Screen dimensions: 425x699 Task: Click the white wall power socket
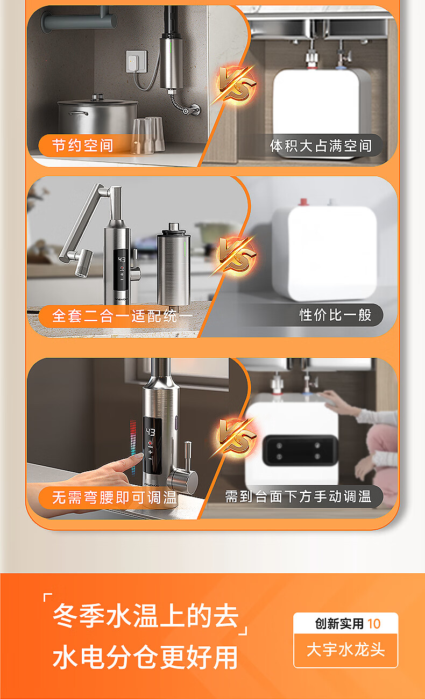click(x=137, y=61)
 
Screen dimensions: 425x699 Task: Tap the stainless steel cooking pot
click(x=98, y=116)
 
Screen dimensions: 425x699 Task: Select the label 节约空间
click(x=82, y=146)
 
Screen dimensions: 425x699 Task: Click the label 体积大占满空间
click(x=321, y=146)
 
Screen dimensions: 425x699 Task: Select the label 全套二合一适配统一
click(x=122, y=316)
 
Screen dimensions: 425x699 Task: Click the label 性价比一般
click(x=335, y=315)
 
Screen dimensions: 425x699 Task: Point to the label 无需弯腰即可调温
click(x=115, y=497)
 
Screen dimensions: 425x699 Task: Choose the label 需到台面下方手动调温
click(x=299, y=496)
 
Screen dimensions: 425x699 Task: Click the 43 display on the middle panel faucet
click(x=122, y=260)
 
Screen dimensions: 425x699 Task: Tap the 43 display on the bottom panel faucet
click(x=150, y=432)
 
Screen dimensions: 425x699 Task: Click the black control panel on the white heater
click(x=300, y=451)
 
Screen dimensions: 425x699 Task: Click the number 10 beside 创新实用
click(x=374, y=624)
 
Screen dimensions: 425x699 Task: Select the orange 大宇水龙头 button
click(x=345, y=650)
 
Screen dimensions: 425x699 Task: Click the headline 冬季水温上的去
click(x=146, y=615)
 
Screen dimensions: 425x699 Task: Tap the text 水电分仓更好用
click(x=145, y=657)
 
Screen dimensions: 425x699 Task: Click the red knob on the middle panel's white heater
click(x=303, y=202)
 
